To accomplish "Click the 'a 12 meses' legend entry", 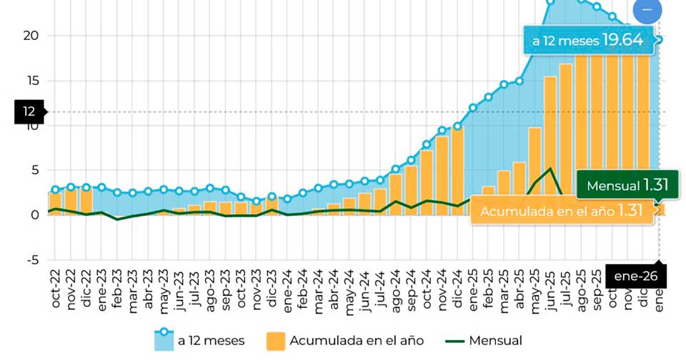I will click(x=199, y=341).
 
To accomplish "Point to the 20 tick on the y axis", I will click(x=30, y=36).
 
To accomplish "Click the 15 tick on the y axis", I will click(x=30, y=81).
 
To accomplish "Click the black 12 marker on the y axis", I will click(x=29, y=111).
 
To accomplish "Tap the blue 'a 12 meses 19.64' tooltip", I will click(x=590, y=41).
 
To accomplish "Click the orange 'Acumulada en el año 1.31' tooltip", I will click(x=562, y=211).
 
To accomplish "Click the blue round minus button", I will click(x=647, y=10).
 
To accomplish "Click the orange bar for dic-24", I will click(x=457, y=171).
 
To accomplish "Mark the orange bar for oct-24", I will click(x=427, y=182).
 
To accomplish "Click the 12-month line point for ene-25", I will click(x=473, y=108).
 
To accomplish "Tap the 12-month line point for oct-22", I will click(x=56, y=190).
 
